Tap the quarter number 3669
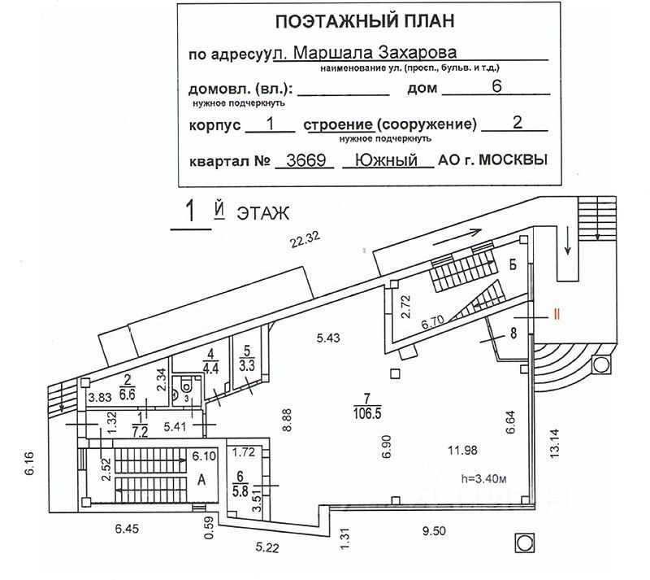[x=304, y=159]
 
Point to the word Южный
[x=387, y=159]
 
